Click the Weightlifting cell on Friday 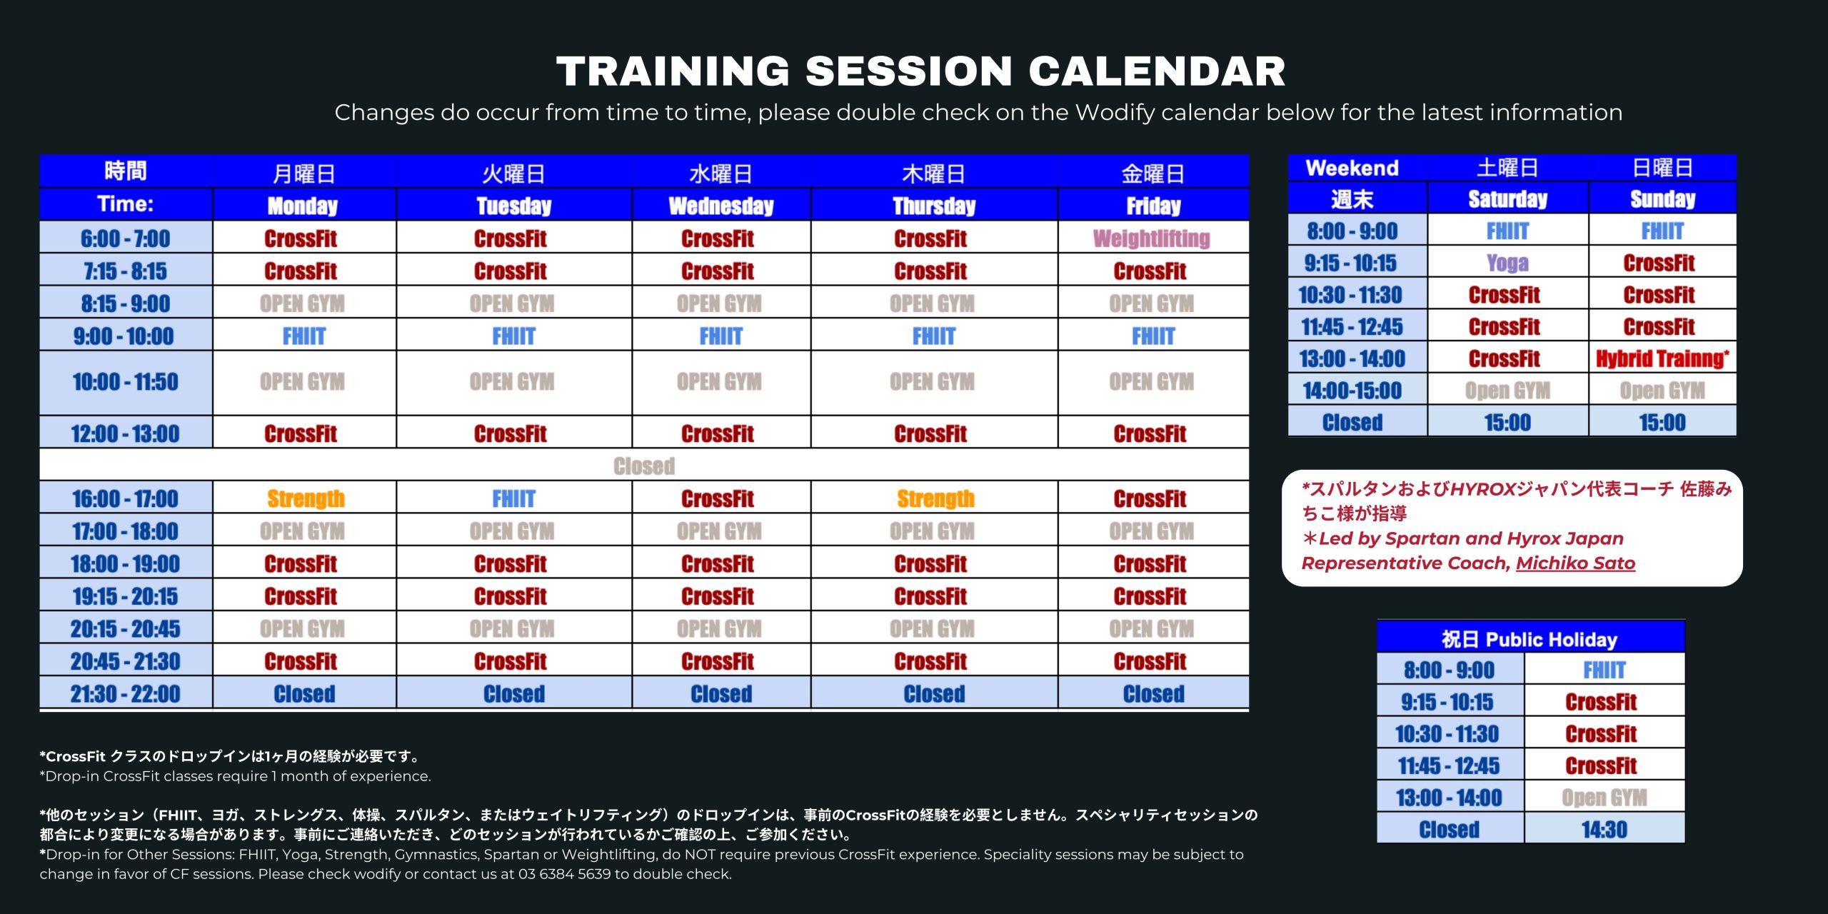(x=1152, y=238)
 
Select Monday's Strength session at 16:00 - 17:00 (x=306, y=498)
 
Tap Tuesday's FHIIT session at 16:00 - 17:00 (x=514, y=498)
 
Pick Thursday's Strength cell (x=935, y=498)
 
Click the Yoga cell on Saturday (x=1507, y=263)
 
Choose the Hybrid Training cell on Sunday (x=1662, y=358)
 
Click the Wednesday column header (x=721, y=206)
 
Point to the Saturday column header (x=1507, y=199)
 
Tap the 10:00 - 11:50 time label (x=126, y=382)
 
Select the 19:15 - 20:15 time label (x=126, y=596)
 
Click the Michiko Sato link (x=1575, y=563)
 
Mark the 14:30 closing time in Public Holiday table (x=1604, y=830)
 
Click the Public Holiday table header (x=1530, y=638)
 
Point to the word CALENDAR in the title (x=1157, y=71)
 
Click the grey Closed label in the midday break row (x=644, y=466)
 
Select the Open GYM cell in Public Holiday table (x=1604, y=798)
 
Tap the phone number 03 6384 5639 (x=564, y=874)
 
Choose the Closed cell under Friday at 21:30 (x=1153, y=694)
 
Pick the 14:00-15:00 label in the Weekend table (x=1352, y=391)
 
